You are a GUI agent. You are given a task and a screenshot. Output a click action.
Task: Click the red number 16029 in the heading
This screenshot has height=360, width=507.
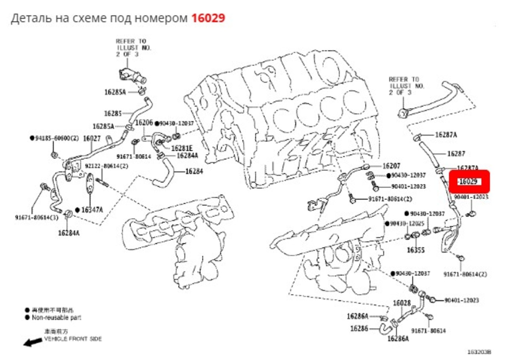tap(208, 18)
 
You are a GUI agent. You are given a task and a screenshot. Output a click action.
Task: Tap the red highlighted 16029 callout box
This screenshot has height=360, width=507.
tap(469, 182)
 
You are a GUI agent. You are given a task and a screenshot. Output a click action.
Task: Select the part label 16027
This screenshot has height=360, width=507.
tap(91, 138)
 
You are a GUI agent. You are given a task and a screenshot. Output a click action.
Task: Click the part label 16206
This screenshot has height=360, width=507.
tap(144, 123)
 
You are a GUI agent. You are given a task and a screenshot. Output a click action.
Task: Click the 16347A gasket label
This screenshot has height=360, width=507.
tap(92, 210)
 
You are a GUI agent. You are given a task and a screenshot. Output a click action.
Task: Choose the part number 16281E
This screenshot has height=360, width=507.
tap(182, 148)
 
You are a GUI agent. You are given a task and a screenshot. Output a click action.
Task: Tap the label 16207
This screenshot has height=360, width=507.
tap(391, 166)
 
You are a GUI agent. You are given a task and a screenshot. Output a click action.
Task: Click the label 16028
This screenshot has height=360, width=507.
tap(402, 303)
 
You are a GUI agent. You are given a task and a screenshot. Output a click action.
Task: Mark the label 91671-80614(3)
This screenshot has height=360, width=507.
tap(37, 217)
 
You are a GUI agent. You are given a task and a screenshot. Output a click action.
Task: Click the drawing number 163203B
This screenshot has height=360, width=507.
tap(479, 352)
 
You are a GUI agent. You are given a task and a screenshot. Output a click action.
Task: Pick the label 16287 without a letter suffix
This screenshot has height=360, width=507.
tap(456, 153)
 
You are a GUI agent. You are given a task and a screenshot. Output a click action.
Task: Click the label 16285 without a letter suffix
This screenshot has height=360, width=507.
tap(113, 113)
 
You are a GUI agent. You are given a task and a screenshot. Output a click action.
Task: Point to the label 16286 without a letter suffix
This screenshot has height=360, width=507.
tap(359, 328)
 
